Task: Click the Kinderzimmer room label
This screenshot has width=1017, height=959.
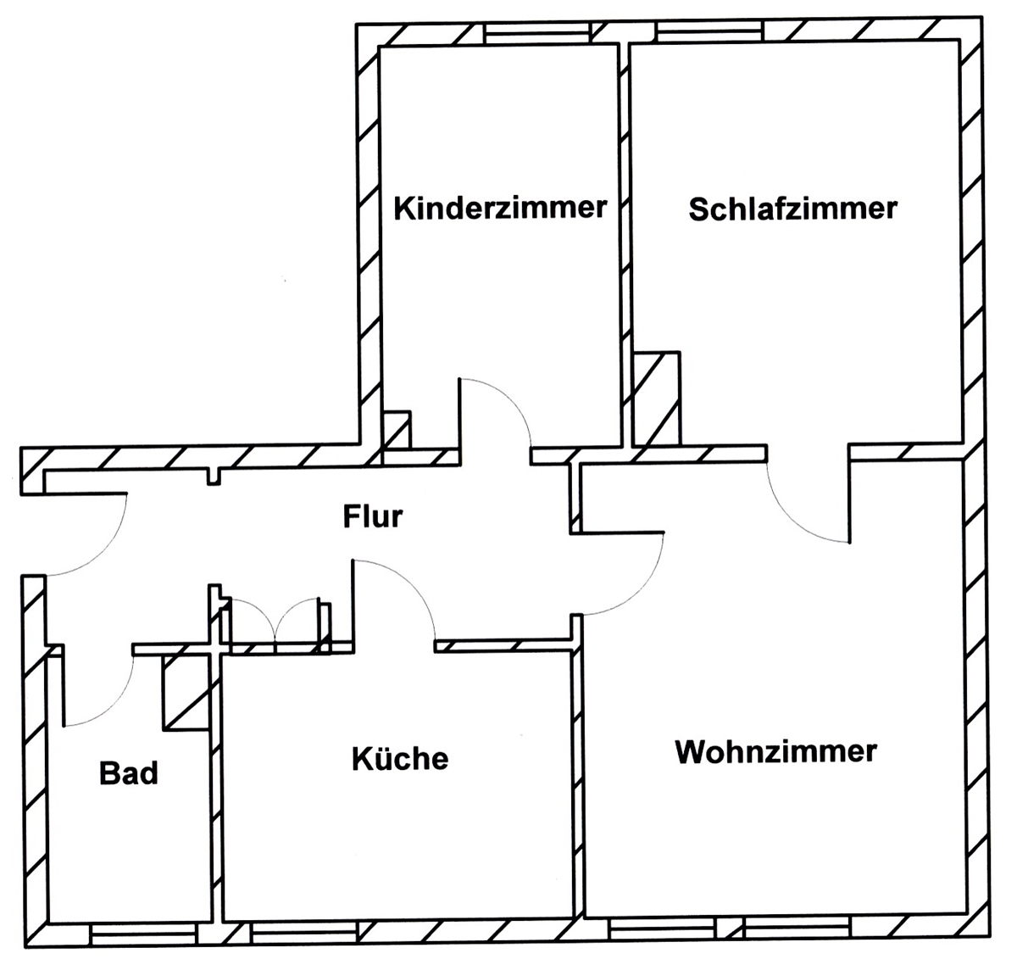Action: [x=500, y=208]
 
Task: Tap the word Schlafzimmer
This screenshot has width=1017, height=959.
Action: [x=792, y=209]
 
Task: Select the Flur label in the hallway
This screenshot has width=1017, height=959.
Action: [x=373, y=516]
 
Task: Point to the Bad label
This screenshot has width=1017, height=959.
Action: [x=129, y=773]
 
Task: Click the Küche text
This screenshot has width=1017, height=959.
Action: [x=400, y=757]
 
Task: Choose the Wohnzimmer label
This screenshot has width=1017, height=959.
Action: [x=775, y=751]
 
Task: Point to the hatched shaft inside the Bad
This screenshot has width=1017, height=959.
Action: [x=185, y=691]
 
